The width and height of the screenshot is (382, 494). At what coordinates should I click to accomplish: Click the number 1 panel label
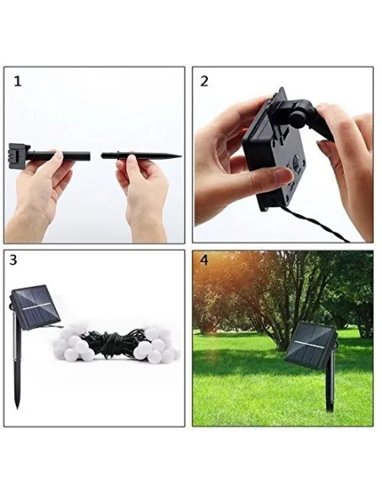click(18, 81)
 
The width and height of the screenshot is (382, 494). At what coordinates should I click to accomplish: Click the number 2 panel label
click(205, 81)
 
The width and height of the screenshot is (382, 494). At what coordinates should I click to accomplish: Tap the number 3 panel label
click(14, 261)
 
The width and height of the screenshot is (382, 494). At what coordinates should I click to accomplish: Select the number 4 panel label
click(205, 261)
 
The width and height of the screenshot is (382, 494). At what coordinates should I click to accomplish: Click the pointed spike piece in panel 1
click(141, 156)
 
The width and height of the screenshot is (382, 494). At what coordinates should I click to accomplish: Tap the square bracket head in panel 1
click(19, 152)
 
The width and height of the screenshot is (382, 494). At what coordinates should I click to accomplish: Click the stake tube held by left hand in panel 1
click(60, 156)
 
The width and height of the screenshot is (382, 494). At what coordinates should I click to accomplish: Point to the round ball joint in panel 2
click(297, 118)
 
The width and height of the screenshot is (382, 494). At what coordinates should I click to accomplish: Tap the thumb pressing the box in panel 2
click(273, 177)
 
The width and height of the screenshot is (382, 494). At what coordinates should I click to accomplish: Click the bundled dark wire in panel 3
click(114, 344)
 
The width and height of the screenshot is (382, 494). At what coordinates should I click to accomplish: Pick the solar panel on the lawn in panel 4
click(310, 344)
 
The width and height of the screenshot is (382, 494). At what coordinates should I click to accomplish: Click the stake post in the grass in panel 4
click(330, 387)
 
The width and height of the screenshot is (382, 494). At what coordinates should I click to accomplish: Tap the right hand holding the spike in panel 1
click(143, 196)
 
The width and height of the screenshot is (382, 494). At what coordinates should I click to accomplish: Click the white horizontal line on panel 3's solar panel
click(35, 306)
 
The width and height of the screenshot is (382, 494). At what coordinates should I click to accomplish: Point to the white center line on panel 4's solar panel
click(310, 344)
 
